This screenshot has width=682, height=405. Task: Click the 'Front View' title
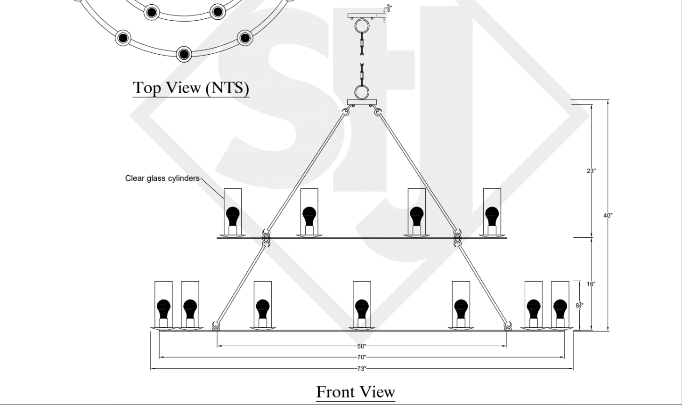pyautogui.click(x=355, y=392)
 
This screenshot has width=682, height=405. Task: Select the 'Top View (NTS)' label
pyautogui.click(x=191, y=88)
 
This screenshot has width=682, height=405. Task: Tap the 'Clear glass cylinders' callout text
pyautogui.click(x=162, y=178)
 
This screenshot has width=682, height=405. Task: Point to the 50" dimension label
pyautogui.click(x=361, y=346)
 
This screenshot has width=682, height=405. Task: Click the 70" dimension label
pyautogui.click(x=361, y=357)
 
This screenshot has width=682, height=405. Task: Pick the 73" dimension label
pyautogui.click(x=361, y=369)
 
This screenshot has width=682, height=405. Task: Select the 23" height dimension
pyautogui.click(x=591, y=171)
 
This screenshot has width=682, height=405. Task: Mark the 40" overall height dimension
pyautogui.click(x=608, y=216)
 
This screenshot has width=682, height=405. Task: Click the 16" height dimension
pyautogui.click(x=591, y=284)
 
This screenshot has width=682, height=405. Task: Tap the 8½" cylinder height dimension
pyautogui.click(x=580, y=306)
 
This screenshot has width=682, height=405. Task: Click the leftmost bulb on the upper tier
pyautogui.click(x=233, y=217)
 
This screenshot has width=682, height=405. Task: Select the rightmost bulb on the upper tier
pyautogui.click(x=492, y=217)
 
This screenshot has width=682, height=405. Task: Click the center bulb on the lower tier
pyautogui.click(x=361, y=309)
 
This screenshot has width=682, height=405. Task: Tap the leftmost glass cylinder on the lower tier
pyautogui.click(x=163, y=304)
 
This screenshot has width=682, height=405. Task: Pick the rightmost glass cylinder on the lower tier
pyautogui.click(x=560, y=304)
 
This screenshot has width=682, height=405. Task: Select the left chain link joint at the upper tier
pyautogui.click(x=266, y=237)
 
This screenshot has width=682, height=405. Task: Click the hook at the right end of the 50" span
pyautogui.click(x=507, y=325)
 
